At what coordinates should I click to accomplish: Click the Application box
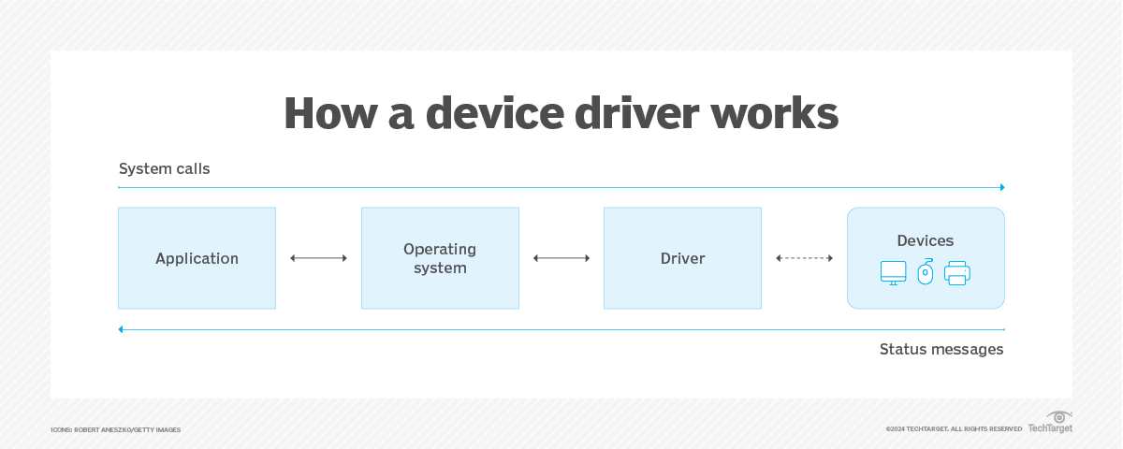197,258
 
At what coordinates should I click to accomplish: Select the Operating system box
440,258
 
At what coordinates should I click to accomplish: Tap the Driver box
682,258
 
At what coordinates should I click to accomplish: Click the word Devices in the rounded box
925,240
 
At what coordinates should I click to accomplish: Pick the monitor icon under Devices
893,273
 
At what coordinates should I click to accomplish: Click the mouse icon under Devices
926,271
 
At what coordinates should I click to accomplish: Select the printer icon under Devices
957,273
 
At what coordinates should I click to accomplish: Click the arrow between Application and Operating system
318,258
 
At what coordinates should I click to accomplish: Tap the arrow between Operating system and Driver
561,258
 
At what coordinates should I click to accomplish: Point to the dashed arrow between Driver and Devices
804,258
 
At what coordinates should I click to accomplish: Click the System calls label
164,169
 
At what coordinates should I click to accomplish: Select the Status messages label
941,349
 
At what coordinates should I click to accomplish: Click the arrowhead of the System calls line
1001,187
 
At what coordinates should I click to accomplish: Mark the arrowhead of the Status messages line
122,329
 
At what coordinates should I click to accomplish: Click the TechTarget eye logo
1058,417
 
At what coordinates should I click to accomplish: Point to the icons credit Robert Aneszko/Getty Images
115,429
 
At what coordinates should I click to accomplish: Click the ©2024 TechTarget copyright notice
953,429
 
